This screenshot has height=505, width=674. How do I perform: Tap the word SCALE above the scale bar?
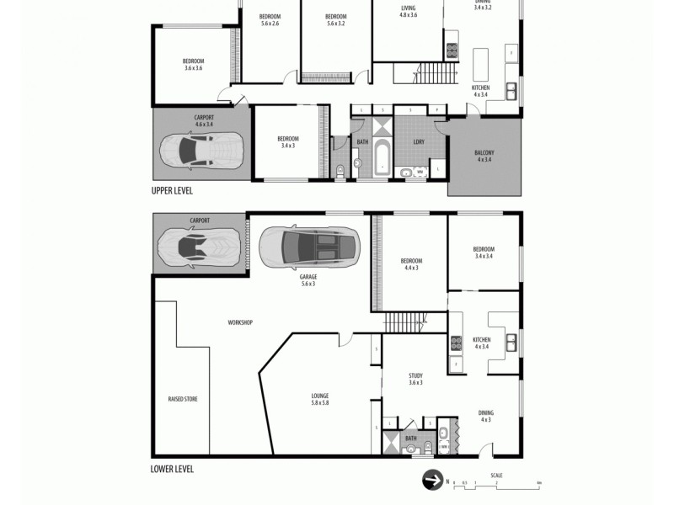tap(497, 475)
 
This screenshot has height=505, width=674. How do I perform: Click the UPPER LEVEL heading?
tap(172, 191)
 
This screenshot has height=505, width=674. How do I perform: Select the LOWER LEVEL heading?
tap(172, 469)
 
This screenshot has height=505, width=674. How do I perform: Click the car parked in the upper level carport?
tap(201, 151)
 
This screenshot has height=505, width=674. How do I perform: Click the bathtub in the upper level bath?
tap(382, 159)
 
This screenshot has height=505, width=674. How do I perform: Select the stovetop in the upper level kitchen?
tap(452, 49)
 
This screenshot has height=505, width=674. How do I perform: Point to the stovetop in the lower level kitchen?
tap(457, 343)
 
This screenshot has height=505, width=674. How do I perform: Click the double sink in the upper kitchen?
tap(511, 89)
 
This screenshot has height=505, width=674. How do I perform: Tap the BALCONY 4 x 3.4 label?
tap(485, 156)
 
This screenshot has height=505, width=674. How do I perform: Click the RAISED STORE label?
tap(183, 399)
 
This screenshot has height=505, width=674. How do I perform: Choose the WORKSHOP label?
tap(240, 322)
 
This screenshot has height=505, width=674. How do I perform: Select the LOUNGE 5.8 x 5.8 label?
tap(319, 399)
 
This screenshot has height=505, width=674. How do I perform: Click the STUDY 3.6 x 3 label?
tap(415, 380)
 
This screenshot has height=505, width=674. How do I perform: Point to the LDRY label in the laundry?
tap(418, 141)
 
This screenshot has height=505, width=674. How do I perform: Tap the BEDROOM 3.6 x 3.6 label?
tap(195, 63)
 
